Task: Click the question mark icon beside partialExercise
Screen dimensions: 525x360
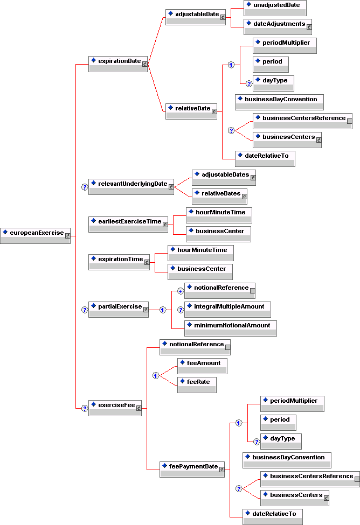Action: click(84, 310)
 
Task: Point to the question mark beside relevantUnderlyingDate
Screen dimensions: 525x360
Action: click(84, 187)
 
